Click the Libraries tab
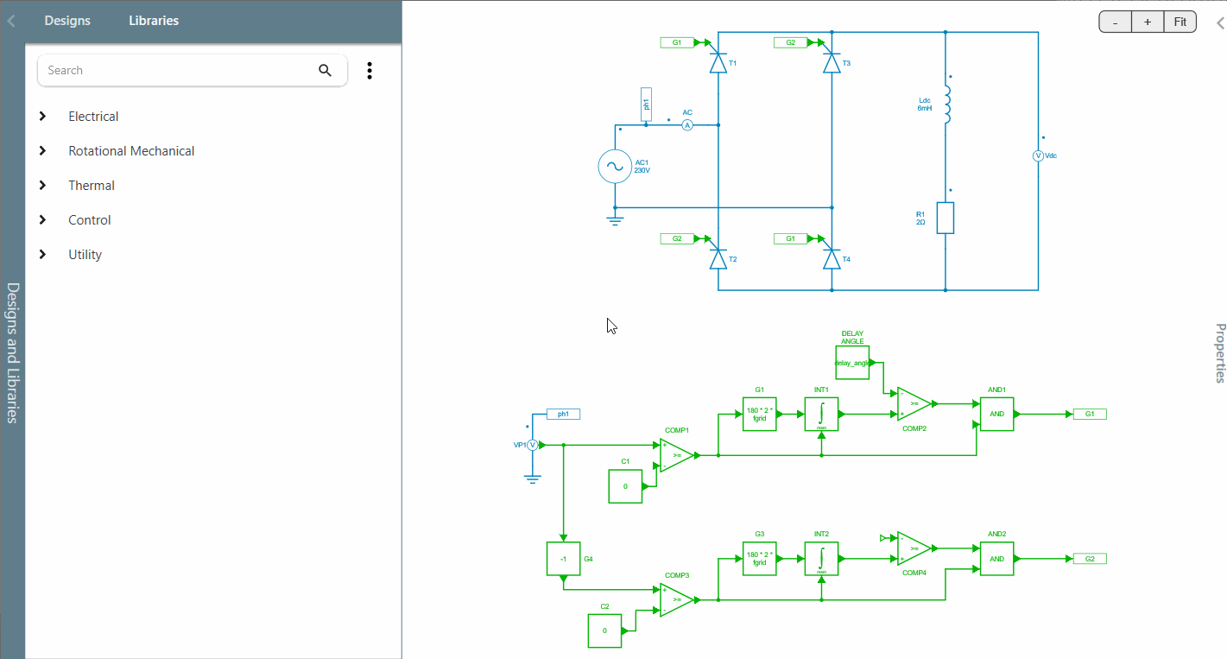[x=154, y=21]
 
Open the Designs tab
[x=67, y=21]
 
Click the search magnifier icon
[x=325, y=71]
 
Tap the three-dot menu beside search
[x=370, y=71]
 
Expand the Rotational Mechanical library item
[x=131, y=151]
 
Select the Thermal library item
[x=92, y=186]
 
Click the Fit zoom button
[x=1180, y=22]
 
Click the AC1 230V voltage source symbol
[x=615, y=166]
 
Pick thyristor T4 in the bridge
[x=832, y=258]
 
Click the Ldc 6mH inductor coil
[x=946, y=105]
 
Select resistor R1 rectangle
[x=946, y=218]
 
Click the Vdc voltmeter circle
[x=1039, y=155]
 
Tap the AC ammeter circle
[x=688, y=125]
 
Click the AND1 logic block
[x=996, y=414]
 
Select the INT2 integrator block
[x=821, y=559]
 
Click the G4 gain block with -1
[x=563, y=559]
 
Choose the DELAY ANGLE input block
[x=852, y=363]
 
